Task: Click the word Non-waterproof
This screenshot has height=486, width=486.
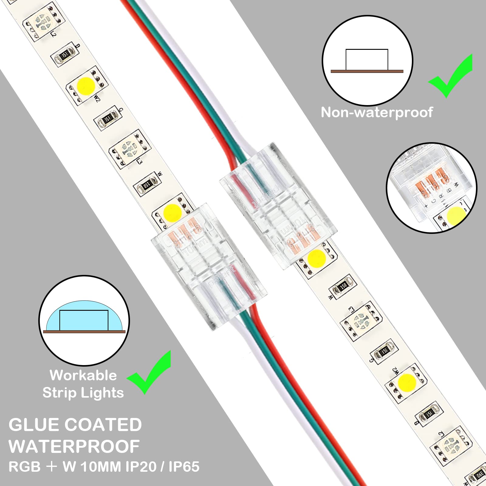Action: point(377,112)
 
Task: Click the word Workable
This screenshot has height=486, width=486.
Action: point(83,375)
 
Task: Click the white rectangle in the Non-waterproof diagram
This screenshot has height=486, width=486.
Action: point(367,60)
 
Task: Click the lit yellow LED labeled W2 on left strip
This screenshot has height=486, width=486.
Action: point(86,86)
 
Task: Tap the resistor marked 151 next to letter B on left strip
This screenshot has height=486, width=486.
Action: point(64,55)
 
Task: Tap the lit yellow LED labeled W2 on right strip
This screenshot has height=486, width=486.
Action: point(406,382)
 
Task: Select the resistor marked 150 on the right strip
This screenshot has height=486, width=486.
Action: point(343,286)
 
